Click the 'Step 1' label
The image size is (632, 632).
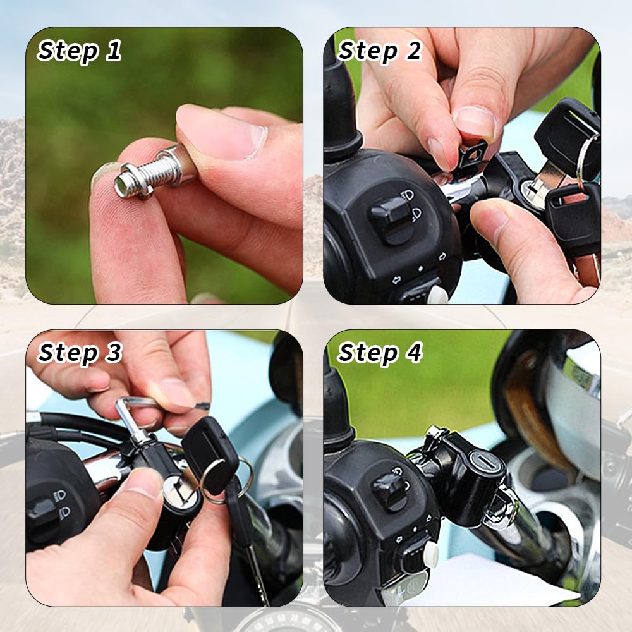coord(80,51)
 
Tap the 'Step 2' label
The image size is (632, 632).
coord(380,51)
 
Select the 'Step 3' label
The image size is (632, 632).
coord(80,353)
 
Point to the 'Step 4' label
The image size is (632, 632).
coord(380,353)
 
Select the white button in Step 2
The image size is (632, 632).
coord(437,295)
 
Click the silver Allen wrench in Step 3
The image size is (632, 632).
coord(131,415)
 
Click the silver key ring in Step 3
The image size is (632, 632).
coord(226,480)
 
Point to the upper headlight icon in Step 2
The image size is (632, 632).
coord(408,197)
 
